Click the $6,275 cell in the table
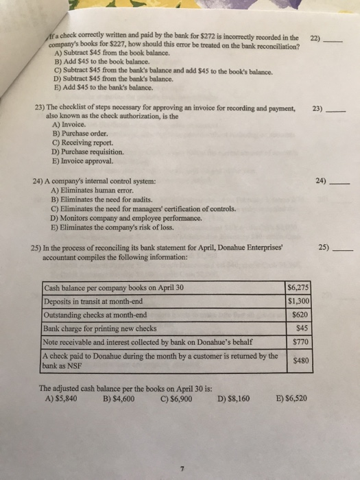tap(297, 288)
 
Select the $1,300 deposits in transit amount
tap(297, 300)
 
